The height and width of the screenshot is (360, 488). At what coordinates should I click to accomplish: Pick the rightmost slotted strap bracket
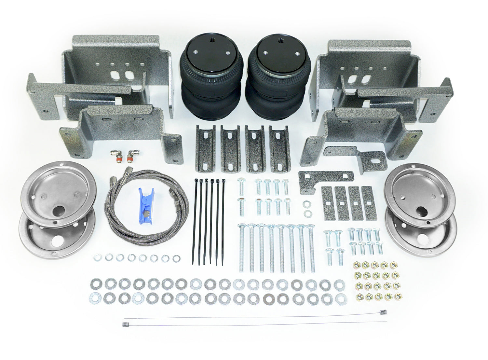point(279,148)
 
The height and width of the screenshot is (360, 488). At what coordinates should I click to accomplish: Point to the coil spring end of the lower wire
point(126,324)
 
